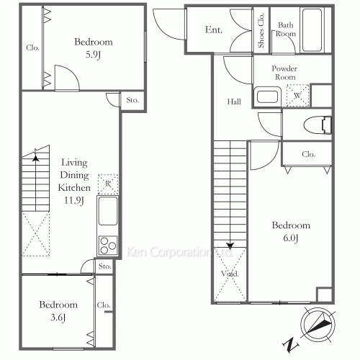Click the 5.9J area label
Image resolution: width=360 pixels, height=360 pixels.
93,55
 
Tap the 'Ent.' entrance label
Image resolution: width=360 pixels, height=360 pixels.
214,30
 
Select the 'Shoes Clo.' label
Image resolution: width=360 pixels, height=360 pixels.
261,30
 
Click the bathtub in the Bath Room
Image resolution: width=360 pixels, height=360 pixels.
312,30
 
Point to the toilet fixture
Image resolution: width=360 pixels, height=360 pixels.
318,125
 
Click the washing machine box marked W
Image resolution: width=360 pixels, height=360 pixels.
297,96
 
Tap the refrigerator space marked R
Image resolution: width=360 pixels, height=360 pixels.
108,184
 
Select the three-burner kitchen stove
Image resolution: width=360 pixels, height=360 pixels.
108,246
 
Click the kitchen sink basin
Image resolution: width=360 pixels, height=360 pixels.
108,211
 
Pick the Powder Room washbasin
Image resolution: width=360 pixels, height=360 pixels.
267,96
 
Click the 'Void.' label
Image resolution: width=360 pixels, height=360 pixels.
230,274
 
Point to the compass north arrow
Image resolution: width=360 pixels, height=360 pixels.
318,324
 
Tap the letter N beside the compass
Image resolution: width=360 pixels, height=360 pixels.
291,345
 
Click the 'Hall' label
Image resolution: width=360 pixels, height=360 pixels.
234,102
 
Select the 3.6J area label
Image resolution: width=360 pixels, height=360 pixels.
58,318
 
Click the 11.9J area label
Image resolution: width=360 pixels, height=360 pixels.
74,200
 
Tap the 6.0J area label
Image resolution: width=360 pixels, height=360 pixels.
291,238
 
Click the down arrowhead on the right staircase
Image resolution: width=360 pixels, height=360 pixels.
230,246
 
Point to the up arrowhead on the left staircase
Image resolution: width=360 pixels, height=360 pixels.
36,158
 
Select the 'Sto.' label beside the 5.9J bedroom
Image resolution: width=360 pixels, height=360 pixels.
132,100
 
